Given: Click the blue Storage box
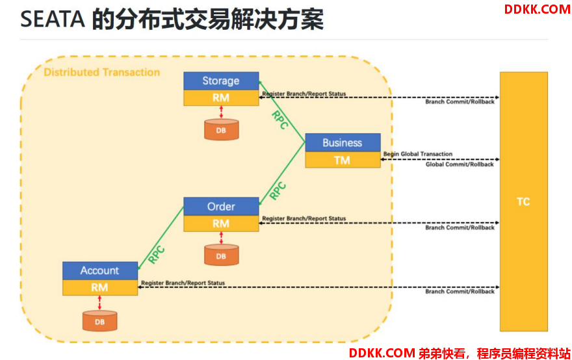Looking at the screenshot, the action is [221, 81].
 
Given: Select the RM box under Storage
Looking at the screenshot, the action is [221, 97].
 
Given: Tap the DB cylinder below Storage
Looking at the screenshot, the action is [222, 130].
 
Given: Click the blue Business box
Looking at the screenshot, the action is [343, 142].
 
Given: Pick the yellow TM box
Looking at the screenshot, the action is [343, 160].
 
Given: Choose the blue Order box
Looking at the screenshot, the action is [221, 207].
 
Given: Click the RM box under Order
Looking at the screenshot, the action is [221, 224].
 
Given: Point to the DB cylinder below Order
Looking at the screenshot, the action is [222, 255].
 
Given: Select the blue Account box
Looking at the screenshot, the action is [100, 270].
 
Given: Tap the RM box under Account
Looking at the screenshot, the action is [100, 287].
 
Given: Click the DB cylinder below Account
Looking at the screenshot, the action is [100, 321].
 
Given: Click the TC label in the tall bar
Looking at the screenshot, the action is [523, 201].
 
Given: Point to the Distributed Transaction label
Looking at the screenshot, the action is [102, 72].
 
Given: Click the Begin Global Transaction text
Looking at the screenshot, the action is [418, 154].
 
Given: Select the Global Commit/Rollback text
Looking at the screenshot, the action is [460, 164].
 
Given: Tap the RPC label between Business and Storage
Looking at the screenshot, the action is [279, 120].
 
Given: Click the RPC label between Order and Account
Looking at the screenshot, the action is [157, 255].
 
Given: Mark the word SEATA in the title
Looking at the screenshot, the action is [53, 19].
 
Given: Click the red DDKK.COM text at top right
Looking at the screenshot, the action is [537, 10].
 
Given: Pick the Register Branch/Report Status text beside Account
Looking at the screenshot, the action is [183, 283].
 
